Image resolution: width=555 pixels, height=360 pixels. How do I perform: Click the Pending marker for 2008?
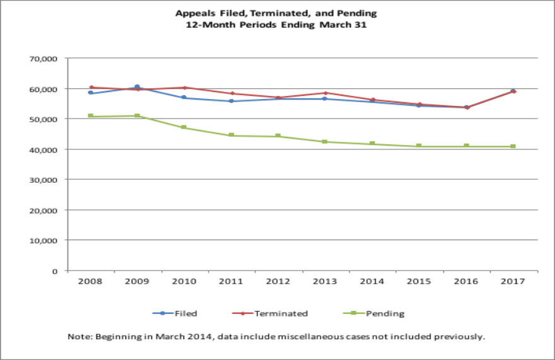[x=91, y=116]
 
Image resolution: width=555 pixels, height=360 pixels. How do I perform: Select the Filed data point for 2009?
[x=137, y=87]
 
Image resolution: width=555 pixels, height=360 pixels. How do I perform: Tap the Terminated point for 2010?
[x=184, y=88]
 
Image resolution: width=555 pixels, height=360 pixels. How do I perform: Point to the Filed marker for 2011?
[x=231, y=101]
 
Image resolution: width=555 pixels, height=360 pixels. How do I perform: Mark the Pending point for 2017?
[x=513, y=146]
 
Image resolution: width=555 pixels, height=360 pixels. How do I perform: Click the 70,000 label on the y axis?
[x=45, y=59]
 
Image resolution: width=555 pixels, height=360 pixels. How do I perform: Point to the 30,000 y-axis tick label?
[x=45, y=180]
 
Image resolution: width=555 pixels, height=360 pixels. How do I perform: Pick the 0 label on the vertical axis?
[x=56, y=270]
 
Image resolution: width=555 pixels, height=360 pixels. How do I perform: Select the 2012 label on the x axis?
[x=278, y=282]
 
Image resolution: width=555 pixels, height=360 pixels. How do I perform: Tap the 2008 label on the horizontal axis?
[x=90, y=282]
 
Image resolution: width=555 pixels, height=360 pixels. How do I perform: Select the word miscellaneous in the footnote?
[x=328, y=337]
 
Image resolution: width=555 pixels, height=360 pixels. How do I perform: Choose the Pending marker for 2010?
[x=184, y=127]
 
